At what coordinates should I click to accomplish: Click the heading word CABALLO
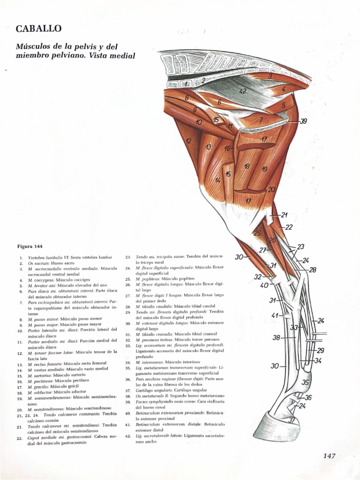(38, 29)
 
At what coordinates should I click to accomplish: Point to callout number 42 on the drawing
(242, 91)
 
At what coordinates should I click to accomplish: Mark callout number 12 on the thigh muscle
(188, 141)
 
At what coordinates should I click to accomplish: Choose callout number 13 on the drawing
(208, 147)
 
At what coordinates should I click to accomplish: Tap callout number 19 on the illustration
(264, 169)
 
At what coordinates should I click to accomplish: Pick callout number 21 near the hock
(284, 215)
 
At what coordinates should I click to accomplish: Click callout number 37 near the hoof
(292, 420)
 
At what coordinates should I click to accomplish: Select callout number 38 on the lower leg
(277, 337)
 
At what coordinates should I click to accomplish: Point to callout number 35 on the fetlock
(305, 382)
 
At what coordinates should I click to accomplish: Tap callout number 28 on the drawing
(313, 270)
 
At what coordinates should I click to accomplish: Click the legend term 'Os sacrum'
(39, 264)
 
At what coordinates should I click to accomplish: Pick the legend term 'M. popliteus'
(148, 279)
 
